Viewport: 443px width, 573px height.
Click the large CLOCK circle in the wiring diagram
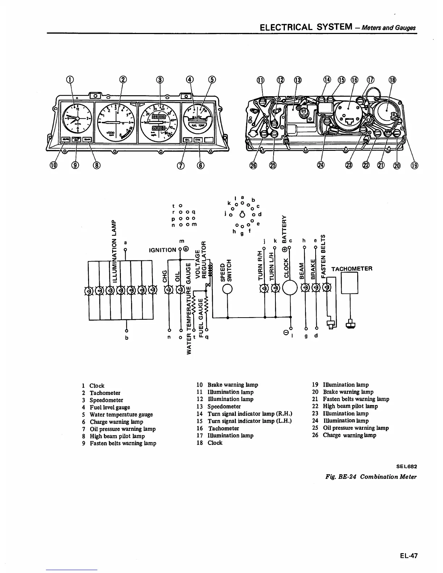290,288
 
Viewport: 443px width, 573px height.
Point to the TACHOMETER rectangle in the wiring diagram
350,283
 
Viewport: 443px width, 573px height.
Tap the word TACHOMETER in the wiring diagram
351,269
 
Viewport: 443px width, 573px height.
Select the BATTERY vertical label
284,228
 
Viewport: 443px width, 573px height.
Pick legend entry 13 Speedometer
223,406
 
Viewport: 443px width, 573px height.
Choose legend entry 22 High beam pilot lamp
350,406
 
